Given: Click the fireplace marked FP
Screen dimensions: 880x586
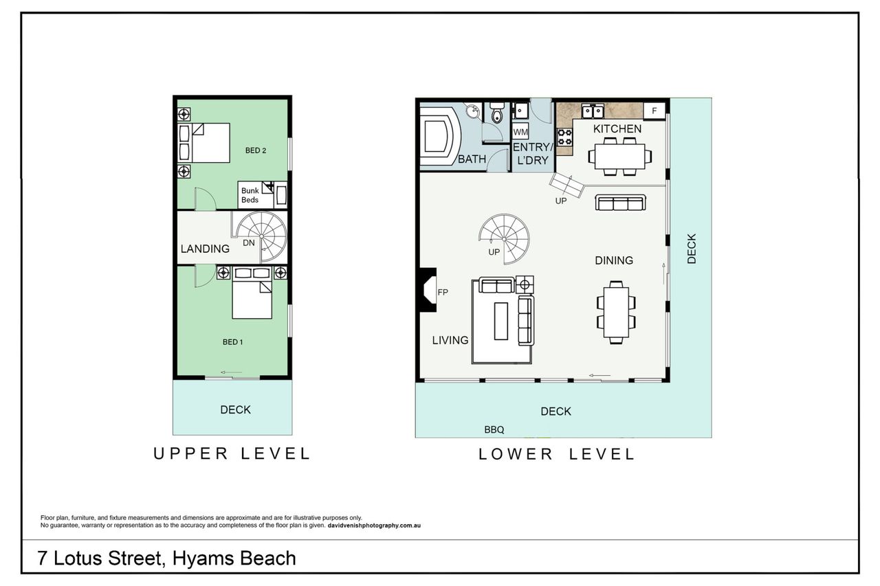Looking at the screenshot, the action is click(427, 290).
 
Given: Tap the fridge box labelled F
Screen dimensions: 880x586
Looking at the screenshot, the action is click(654, 111).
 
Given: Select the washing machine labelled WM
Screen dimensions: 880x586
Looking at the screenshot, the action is click(520, 132).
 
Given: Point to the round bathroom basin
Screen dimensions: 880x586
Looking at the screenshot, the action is click(473, 111).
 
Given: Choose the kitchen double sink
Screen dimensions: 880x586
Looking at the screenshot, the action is click(593, 111).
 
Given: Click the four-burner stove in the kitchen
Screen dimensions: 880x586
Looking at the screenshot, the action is click(565, 137).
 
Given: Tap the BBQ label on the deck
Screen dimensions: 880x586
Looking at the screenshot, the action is click(494, 430).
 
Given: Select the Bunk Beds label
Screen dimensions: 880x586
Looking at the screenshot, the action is click(250, 195).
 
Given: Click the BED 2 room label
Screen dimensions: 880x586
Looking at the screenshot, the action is click(256, 150).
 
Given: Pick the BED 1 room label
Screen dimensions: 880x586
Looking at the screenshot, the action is click(232, 342).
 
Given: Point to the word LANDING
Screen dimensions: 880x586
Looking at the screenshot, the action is click(205, 249).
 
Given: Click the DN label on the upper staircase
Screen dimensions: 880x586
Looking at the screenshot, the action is click(249, 243).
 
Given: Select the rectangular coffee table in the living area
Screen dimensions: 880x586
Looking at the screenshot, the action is click(501, 321).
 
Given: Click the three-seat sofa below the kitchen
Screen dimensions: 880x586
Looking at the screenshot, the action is click(621, 203).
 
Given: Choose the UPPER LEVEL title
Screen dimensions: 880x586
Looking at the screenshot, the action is click(232, 453).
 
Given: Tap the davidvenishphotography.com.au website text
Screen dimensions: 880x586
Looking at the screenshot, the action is click(374, 526).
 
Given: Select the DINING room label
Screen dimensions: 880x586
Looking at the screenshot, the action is click(614, 260).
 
